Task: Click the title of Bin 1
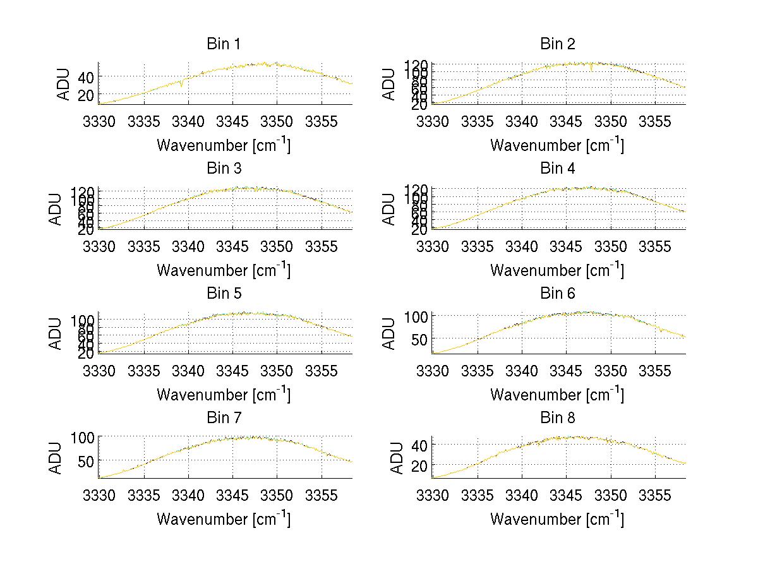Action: click(223, 44)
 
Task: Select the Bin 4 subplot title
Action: click(557, 169)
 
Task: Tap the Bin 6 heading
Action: click(557, 294)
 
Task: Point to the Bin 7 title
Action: click(223, 418)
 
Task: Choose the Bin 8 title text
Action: click(557, 418)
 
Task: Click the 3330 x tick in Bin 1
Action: click(100, 121)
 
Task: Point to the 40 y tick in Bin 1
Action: click(85, 77)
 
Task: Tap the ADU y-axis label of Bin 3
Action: click(56, 210)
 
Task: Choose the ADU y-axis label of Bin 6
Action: click(390, 334)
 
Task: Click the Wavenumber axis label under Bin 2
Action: click(557, 145)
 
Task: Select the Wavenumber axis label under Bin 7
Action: click(223, 518)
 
